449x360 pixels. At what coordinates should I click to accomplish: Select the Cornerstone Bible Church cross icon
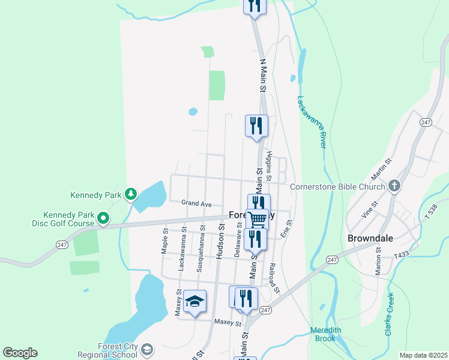click(x=394, y=186)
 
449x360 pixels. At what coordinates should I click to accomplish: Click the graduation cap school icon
click(x=194, y=301)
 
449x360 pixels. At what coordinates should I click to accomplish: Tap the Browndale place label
click(x=370, y=238)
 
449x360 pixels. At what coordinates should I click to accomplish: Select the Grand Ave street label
click(x=197, y=204)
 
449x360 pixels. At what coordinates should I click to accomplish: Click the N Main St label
click(x=262, y=76)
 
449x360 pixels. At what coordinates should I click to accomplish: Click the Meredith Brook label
click(x=326, y=334)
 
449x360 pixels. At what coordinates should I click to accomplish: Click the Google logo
click(x=20, y=353)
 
